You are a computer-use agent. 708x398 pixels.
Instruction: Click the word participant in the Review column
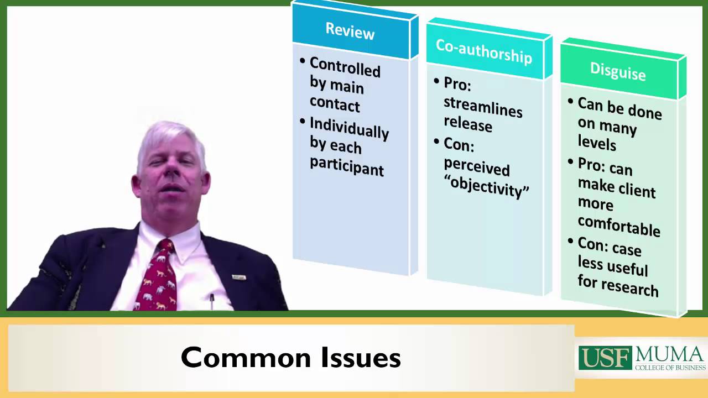pos(347,166)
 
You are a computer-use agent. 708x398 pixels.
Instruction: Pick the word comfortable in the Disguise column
pos(619,225)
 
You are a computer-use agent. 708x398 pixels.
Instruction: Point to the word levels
pos(597,143)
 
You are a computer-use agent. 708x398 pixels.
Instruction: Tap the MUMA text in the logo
pos(670,354)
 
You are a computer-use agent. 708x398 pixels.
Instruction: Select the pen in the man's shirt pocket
pos(212,301)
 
